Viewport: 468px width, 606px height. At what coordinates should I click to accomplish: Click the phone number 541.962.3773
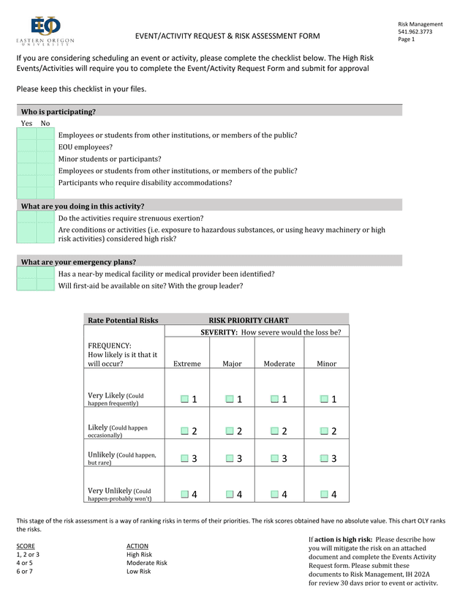click(x=415, y=31)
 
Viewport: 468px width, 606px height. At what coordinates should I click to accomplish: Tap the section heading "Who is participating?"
click(x=58, y=112)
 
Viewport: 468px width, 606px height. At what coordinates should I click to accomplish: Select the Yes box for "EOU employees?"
click(x=26, y=146)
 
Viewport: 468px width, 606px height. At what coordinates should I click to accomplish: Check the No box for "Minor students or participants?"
click(x=45, y=158)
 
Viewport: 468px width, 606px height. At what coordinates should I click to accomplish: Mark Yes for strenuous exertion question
click(x=26, y=217)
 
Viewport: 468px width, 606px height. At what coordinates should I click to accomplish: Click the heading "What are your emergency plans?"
click(x=78, y=261)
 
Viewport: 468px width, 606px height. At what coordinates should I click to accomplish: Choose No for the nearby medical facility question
click(x=45, y=274)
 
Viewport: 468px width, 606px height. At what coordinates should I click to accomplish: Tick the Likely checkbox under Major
click(x=230, y=431)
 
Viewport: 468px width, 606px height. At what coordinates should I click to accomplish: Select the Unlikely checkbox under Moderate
click(x=274, y=458)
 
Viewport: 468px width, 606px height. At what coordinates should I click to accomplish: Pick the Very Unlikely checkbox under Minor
click(x=323, y=494)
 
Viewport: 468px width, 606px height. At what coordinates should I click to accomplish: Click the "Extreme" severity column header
click(x=186, y=364)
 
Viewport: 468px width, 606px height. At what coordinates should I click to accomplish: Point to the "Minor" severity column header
click(x=327, y=364)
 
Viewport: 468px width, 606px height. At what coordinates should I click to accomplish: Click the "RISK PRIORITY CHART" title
click(x=249, y=321)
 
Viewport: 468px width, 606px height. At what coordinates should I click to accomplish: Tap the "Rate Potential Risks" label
click(x=123, y=321)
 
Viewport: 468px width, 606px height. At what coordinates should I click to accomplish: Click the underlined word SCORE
click(x=26, y=546)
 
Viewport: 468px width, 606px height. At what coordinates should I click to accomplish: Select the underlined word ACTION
click(x=137, y=546)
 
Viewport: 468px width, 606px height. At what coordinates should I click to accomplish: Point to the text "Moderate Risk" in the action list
click(x=147, y=563)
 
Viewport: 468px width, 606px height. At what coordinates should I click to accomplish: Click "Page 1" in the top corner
click(x=407, y=40)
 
